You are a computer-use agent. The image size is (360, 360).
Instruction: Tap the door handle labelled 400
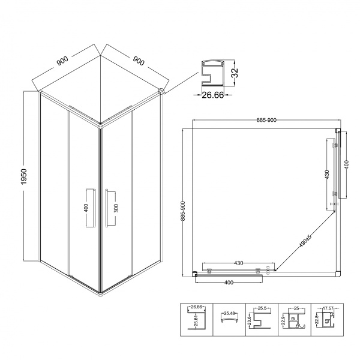89,208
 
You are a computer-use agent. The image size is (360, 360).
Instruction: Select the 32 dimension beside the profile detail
235,74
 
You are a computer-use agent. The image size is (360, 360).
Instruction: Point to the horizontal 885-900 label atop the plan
266,120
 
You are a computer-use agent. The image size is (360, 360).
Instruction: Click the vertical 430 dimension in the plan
327,174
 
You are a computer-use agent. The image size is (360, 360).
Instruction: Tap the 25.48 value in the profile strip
229,313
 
